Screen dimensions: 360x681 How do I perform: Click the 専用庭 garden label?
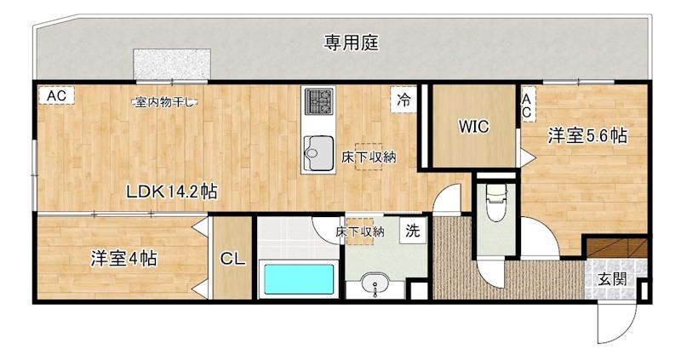click(x=351, y=42)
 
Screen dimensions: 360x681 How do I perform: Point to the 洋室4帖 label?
click(x=123, y=258)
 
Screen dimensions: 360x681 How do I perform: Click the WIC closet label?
click(x=473, y=128)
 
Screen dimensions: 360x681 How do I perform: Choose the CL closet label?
click(x=232, y=260)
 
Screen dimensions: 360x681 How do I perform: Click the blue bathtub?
click(x=298, y=280)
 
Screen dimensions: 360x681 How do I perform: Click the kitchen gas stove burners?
click(x=318, y=102)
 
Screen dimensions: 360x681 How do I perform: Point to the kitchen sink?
click(x=318, y=152)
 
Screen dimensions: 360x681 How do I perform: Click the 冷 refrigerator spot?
click(x=403, y=99)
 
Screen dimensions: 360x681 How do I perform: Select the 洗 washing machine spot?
click(x=412, y=230)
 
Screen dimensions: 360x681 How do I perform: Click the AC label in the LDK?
click(x=56, y=96)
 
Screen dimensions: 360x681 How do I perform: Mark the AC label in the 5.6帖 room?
click(x=527, y=106)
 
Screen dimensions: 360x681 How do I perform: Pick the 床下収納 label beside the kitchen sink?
click(x=369, y=157)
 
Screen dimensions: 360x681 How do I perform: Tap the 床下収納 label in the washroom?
click(x=359, y=231)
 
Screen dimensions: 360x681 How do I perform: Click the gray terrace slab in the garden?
click(x=171, y=63)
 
